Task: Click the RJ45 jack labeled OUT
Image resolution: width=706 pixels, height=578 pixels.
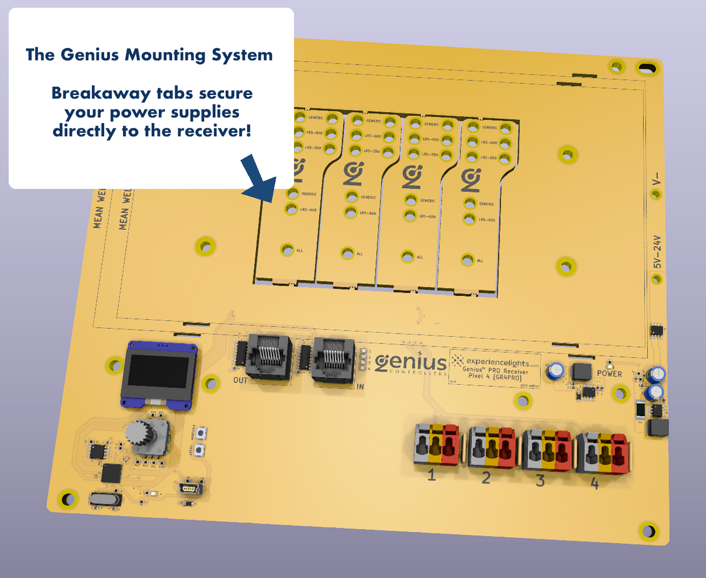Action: (269, 357)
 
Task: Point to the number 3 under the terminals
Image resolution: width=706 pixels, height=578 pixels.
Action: (540, 480)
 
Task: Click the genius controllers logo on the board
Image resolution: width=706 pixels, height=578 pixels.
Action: (411, 363)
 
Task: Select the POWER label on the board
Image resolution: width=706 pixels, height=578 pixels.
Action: (609, 374)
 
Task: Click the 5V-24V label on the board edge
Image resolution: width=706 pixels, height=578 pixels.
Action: (657, 252)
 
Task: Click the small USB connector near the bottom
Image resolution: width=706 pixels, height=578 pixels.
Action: (190, 488)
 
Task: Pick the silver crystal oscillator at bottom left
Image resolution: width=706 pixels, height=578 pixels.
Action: (105, 500)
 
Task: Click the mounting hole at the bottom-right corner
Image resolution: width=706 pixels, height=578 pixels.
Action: (649, 531)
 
